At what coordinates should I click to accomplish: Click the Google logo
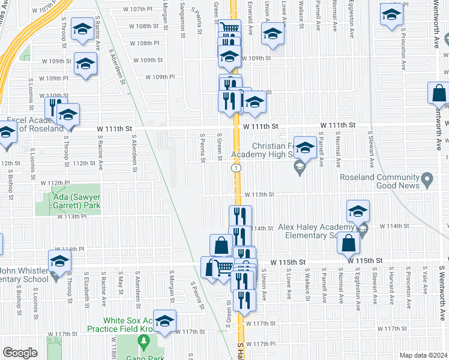coord(20,353)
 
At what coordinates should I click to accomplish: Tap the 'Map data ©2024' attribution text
coord(424,355)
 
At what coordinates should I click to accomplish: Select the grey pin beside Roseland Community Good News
coord(427,178)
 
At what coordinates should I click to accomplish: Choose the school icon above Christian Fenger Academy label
coord(305,148)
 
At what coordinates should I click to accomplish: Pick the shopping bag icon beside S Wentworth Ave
coord(439,94)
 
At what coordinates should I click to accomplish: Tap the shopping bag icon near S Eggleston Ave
coord(348,244)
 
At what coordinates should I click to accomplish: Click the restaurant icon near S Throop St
coord(53,107)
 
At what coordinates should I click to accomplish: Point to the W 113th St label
coord(259,194)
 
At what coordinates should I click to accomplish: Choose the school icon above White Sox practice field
coord(164,321)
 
